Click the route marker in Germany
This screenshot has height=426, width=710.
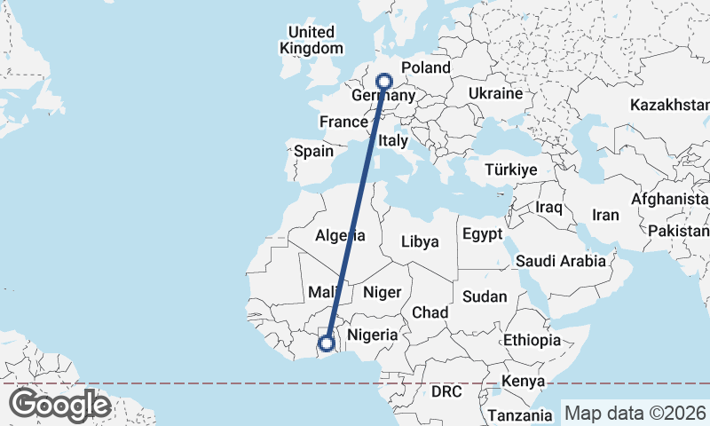pos(384,81)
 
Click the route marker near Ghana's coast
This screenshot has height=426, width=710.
pos(327,343)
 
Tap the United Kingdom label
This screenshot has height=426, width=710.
pos(311,41)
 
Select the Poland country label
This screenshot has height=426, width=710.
pos(426,67)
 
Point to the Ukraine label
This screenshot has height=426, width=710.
pos(495,93)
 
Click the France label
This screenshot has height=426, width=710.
pos(343,122)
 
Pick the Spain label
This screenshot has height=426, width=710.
pos(313,151)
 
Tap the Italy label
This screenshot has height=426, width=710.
pos(392,141)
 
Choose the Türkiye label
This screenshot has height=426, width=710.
pos(512,170)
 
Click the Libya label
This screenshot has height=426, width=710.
pos(420,241)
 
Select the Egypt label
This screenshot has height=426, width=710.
pos(482,234)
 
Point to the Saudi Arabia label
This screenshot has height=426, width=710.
pos(560,261)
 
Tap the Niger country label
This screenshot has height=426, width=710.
pos(383,292)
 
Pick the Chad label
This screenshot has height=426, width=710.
pos(430,312)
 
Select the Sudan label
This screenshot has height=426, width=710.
pos(485,296)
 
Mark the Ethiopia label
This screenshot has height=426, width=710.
pos(532,340)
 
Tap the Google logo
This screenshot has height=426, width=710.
pos(59,405)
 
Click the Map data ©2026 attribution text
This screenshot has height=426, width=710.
pos(635,413)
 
